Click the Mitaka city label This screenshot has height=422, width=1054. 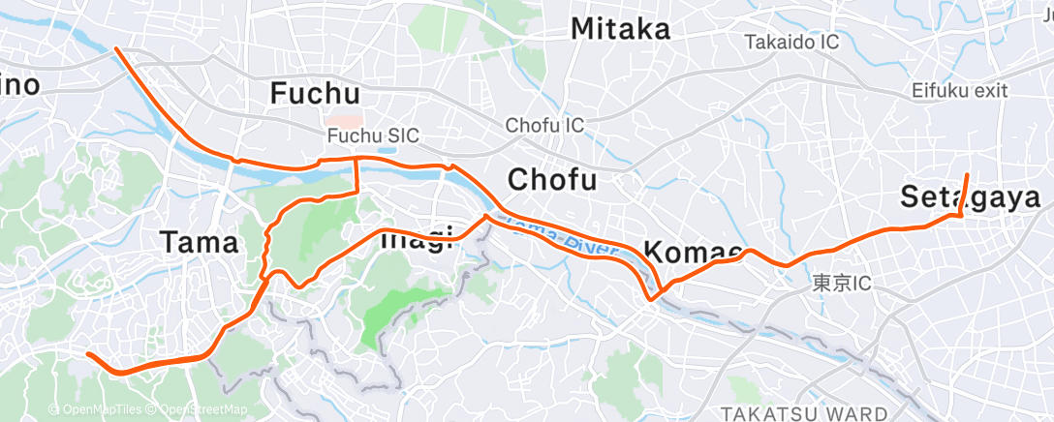click(x=620, y=29)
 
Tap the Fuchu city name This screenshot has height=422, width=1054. click(x=315, y=94)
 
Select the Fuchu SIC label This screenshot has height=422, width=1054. click(x=373, y=136)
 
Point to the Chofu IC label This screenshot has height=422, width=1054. click(x=544, y=126)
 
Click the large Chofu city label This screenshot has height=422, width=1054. click(x=553, y=180)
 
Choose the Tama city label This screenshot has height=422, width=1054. click(x=199, y=243)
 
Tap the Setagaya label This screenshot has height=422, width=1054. click(x=970, y=196)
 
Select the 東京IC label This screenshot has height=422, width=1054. click(x=842, y=284)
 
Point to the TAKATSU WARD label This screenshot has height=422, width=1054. click(x=803, y=413)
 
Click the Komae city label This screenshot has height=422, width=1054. click(x=694, y=254)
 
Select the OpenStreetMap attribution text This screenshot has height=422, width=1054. click(x=199, y=409)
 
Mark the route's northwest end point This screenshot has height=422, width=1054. click(x=116, y=47)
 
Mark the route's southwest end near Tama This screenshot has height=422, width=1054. click(x=88, y=354)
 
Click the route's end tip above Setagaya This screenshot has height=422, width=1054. click(x=967, y=174)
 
